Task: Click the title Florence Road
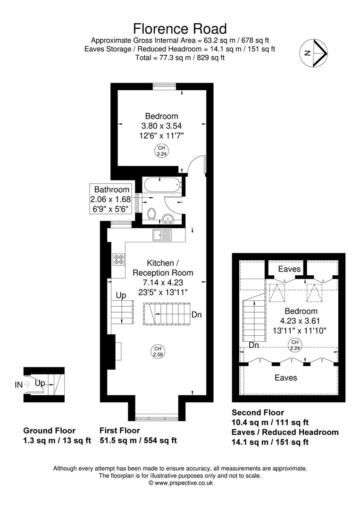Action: point(180,29)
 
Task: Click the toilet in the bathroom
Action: point(152,214)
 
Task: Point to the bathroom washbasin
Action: point(168,218)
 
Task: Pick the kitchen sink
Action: point(163,233)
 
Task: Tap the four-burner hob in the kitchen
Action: point(118,259)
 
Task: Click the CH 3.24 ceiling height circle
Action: point(161,151)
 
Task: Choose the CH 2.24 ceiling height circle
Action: point(294,344)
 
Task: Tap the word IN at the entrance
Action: point(18,385)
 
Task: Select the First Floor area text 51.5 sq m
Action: point(118,441)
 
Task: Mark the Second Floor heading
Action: point(258,413)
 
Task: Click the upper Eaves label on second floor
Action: point(289,269)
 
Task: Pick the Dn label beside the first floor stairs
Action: point(197,314)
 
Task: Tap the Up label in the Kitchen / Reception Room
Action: point(121,296)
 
